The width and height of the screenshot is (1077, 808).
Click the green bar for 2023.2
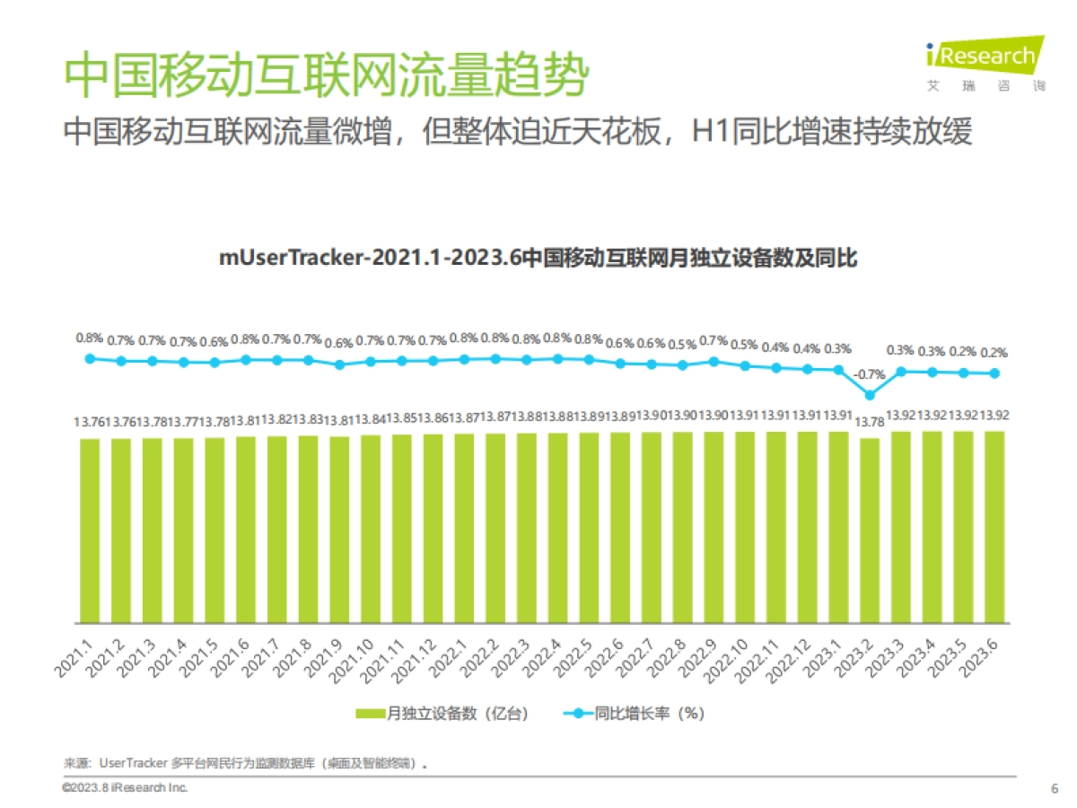[x=870, y=530]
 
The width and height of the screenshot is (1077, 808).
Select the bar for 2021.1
[x=90, y=530]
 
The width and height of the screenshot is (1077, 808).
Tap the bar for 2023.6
[x=994, y=528]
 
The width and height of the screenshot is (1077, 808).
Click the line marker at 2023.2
[x=870, y=394]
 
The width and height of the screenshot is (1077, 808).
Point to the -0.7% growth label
[x=870, y=374]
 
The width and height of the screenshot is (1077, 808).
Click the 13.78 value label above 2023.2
[x=870, y=421]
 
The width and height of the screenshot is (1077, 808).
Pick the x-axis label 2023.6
[x=986, y=659]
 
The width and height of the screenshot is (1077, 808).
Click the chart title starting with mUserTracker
[x=538, y=259]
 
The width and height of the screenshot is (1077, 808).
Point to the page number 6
[x=1054, y=788]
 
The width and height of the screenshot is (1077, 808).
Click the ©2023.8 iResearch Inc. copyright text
[x=125, y=787]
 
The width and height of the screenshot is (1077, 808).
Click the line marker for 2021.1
[x=90, y=358]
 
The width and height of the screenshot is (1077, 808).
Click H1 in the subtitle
[x=707, y=133]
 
